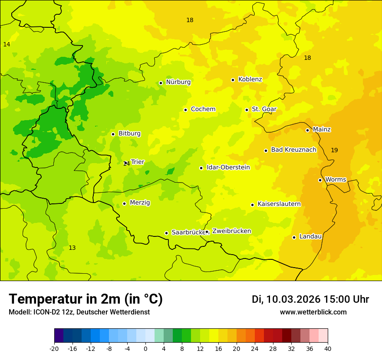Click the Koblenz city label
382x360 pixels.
point(250,79)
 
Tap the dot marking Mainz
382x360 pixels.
point(307,130)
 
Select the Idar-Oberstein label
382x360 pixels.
point(228,167)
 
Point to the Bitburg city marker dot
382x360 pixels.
point(113,134)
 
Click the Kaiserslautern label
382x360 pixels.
point(279,204)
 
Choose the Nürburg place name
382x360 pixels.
point(178,82)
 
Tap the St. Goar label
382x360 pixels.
point(264,109)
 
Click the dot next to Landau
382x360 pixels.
point(294,237)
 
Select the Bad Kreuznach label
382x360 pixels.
point(293,150)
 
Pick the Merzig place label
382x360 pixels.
point(140,203)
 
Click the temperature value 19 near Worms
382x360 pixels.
point(334,150)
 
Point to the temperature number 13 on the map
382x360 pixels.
point(72,248)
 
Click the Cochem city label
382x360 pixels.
point(203,109)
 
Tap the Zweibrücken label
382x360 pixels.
point(231,231)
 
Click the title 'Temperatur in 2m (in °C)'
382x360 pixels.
point(86,299)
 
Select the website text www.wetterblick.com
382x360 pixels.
point(313,312)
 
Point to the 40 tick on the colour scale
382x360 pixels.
point(328,348)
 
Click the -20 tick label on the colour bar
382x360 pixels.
point(54,348)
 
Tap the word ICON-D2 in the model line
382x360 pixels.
point(43,312)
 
